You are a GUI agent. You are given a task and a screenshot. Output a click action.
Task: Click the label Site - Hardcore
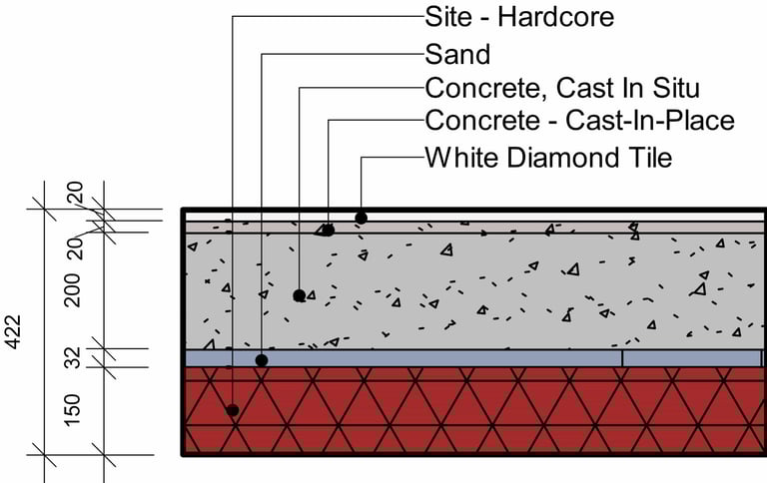click(x=519, y=16)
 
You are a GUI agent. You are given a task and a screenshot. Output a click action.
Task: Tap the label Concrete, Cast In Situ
click(x=562, y=88)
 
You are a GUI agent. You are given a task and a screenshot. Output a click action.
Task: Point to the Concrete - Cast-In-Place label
click(x=579, y=122)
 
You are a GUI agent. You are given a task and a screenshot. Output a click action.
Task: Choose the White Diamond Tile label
click(x=548, y=158)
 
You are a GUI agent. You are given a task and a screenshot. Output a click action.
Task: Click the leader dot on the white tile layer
click(x=362, y=217)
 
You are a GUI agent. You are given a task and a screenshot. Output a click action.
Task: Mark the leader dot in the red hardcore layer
click(x=232, y=409)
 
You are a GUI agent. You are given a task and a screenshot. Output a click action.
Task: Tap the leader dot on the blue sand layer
click(x=261, y=359)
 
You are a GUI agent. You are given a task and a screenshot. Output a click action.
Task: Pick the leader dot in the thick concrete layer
click(x=299, y=295)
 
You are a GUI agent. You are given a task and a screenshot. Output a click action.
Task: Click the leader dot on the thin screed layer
click(x=329, y=230)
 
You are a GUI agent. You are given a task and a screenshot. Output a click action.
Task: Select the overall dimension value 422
click(x=14, y=330)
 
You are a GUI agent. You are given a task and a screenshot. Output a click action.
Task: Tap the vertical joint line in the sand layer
click(x=622, y=357)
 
